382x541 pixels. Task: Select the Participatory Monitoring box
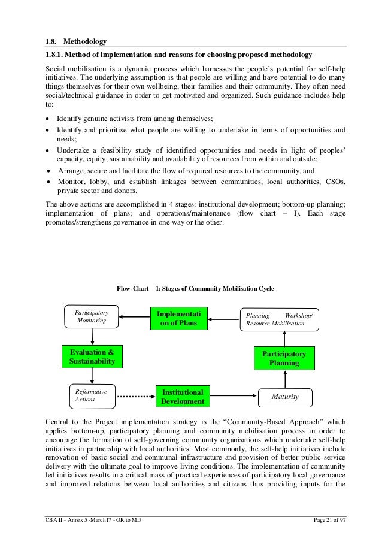tap(91, 316)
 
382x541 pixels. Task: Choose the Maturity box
tap(284, 397)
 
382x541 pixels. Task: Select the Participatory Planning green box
tap(285, 358)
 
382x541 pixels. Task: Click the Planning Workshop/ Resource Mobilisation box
tap(278, 319)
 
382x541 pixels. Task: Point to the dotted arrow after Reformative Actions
tap(135, 395)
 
